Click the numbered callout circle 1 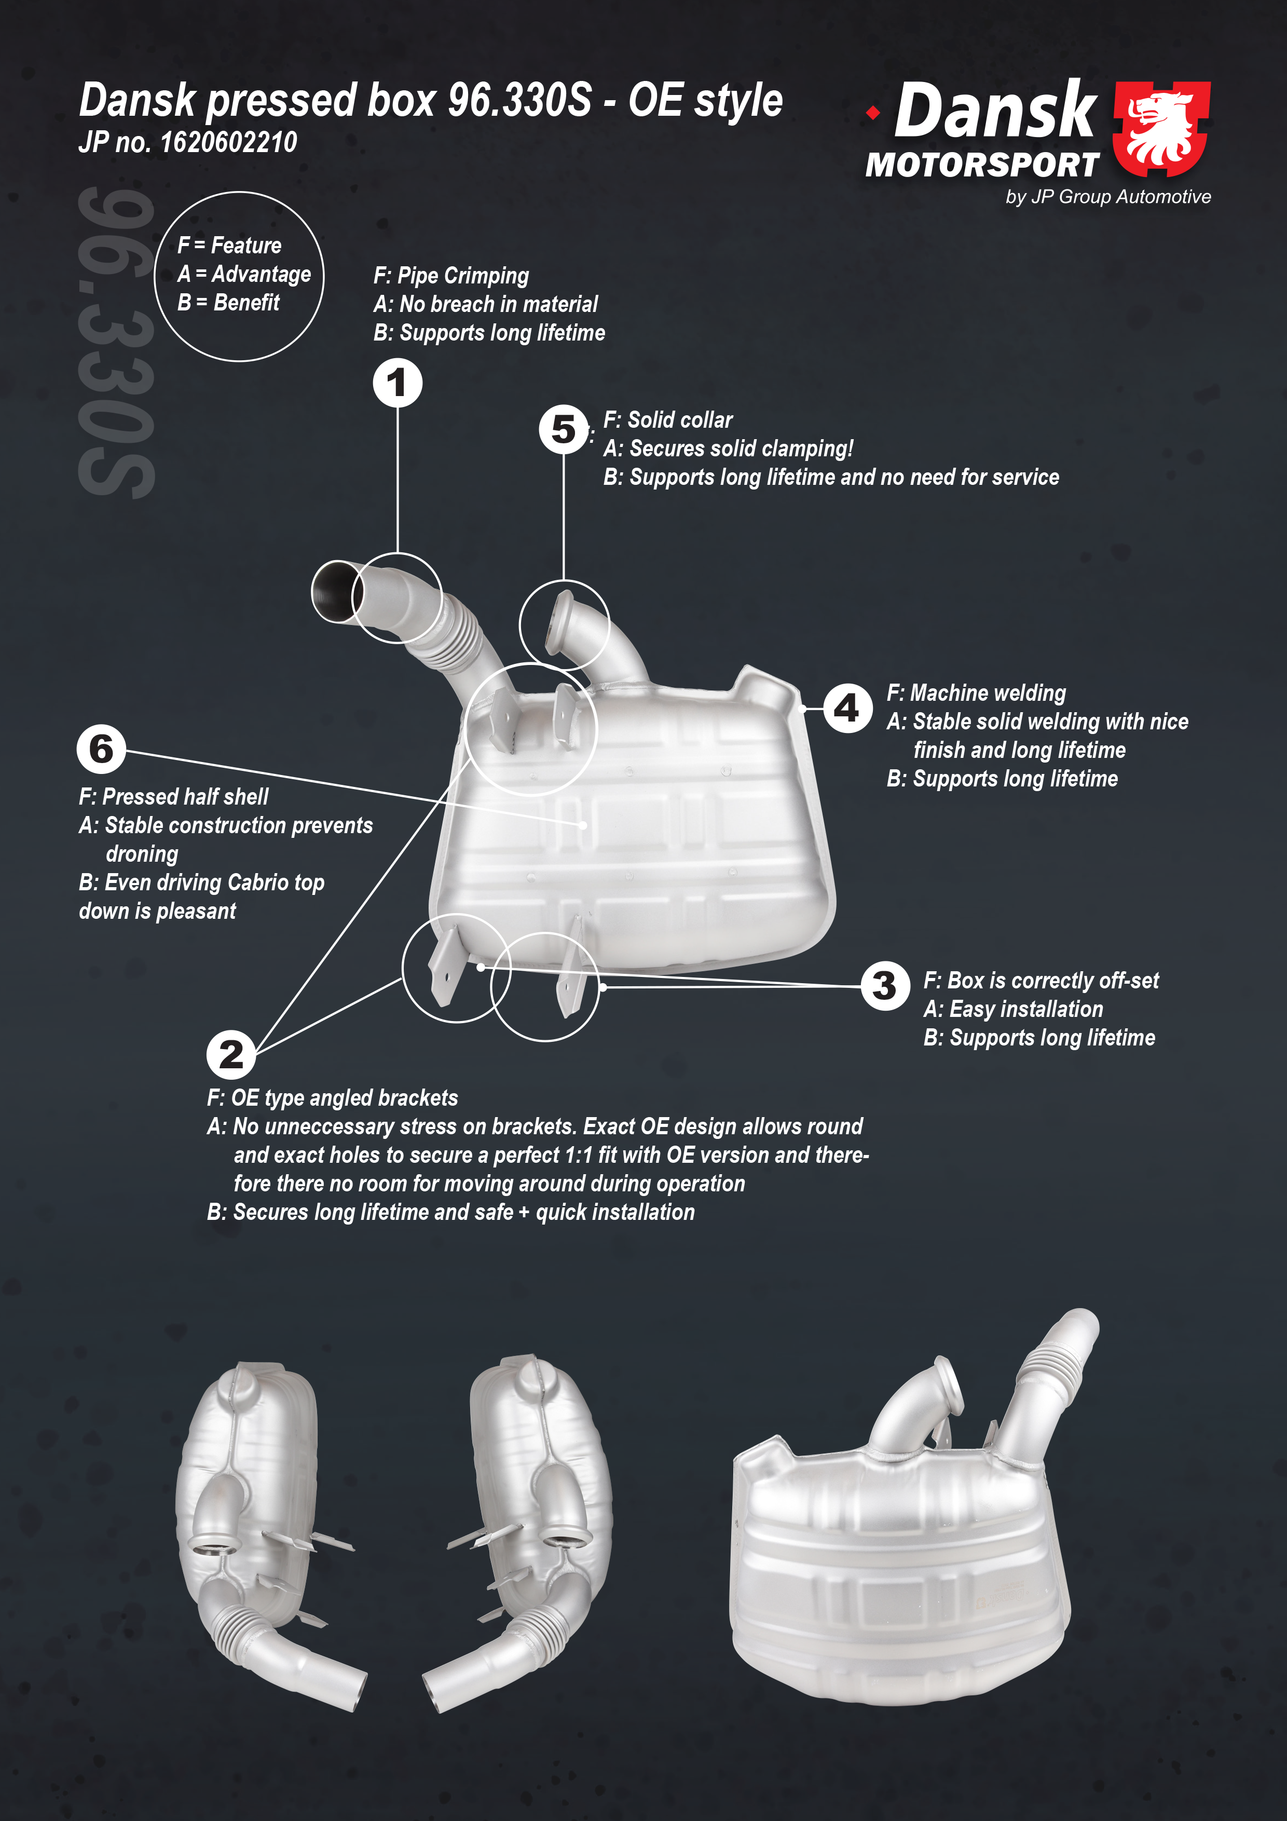[398, 383]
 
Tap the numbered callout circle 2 [231, 1055]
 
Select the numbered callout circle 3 [885, 986]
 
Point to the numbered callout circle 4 [847, 708]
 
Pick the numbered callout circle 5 [564, 429]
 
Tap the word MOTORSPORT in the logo [982, 165]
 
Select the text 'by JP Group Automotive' [1108, 197]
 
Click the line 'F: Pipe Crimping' [451, 276]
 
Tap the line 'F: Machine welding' [976, 693]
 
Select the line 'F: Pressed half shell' [174, 796]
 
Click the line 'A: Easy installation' [1014, 1009]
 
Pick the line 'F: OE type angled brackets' [332, 1098]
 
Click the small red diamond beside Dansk [873, 113]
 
